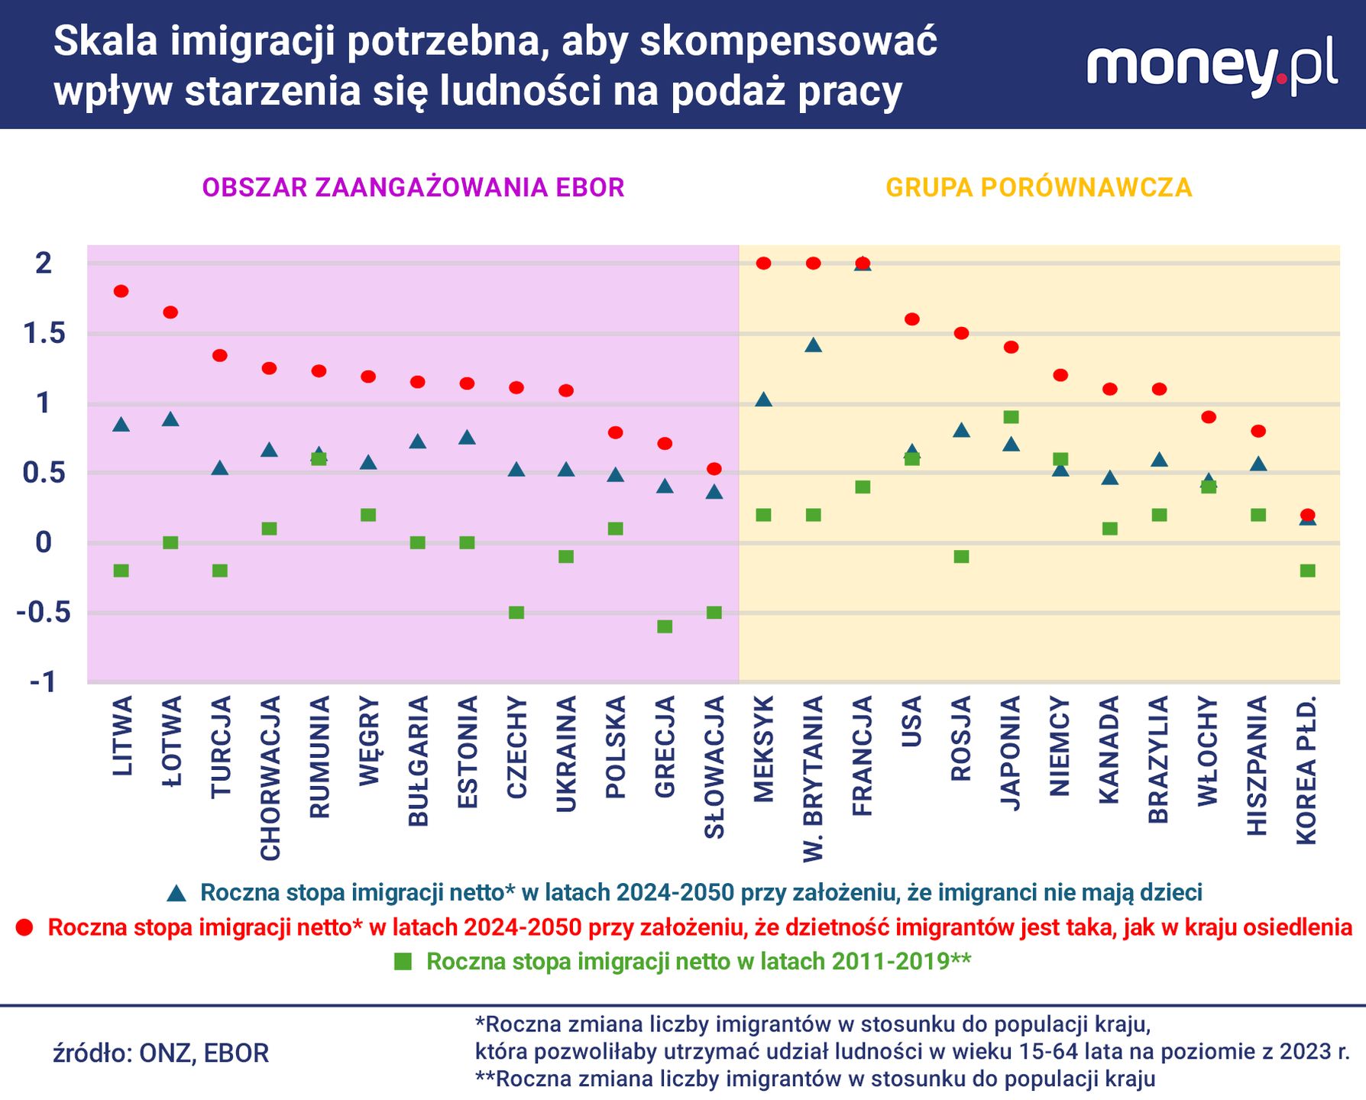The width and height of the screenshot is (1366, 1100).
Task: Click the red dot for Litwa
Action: pos(121,291)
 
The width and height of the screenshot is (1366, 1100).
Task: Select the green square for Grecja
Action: pos(665,626)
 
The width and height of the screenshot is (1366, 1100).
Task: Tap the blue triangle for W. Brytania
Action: pos(813,345)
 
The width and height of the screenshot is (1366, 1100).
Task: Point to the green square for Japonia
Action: pos(1011,417)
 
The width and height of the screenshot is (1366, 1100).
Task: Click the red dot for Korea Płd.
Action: pos(1307,515)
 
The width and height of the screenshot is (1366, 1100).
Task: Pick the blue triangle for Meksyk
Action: pos(763,400)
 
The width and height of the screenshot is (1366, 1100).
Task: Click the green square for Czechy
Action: pos(516,613)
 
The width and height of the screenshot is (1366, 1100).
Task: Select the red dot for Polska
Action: pos(615,432)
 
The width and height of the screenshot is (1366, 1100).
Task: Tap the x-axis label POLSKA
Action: pos(616,747)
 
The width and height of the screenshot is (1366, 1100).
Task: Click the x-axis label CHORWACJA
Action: pos(270,778)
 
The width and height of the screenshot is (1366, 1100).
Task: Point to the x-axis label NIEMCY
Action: pos(1060,746)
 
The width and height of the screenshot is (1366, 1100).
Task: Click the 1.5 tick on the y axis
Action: pos(44,334)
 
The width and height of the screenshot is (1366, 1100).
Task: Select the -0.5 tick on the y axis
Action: pos(44,613)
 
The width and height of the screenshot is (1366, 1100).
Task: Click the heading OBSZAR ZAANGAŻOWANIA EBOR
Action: pos(413,188)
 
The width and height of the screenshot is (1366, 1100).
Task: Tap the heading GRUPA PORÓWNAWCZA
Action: pos(1038,188)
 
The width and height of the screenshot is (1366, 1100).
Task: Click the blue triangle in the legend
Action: pos(176,892)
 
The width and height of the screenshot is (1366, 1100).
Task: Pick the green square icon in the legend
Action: pos(403,962)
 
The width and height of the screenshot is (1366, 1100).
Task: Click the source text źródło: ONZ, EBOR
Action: pos(161,1053)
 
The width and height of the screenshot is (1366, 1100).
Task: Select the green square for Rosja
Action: pos(961,557)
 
